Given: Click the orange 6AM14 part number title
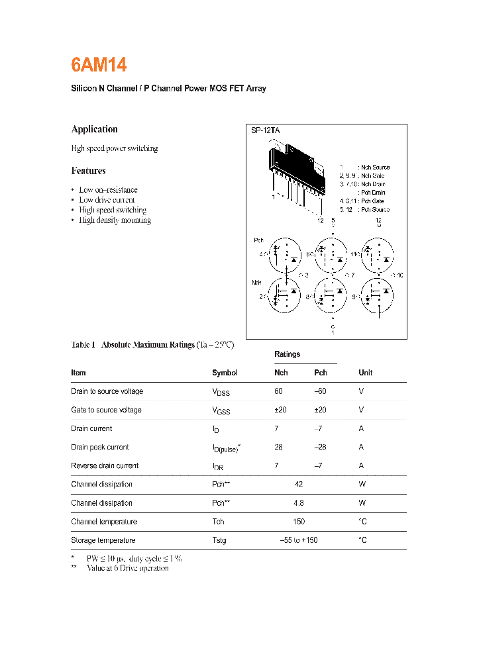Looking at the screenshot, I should coord(99,65).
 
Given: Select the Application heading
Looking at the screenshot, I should coord(94,129).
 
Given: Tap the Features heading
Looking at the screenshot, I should coord(88,171).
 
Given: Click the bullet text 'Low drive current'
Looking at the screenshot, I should coord(107,200).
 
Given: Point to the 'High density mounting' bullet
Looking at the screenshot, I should coord(115,220).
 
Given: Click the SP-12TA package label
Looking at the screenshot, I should coord(265,131).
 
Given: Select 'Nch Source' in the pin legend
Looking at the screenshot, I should coord(375,167).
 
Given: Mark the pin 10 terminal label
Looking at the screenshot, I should coord(399,275).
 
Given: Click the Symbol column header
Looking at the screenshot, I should coord(225,373).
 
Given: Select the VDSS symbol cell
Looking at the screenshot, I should coord(221,392).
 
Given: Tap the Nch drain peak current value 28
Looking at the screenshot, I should coord(278,448).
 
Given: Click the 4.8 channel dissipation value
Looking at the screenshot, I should coord(299,503).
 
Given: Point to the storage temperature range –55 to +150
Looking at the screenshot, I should coord(299,540).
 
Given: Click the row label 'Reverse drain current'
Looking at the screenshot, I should coord(105,466).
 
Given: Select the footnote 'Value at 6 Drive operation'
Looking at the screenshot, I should coord(127,568).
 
